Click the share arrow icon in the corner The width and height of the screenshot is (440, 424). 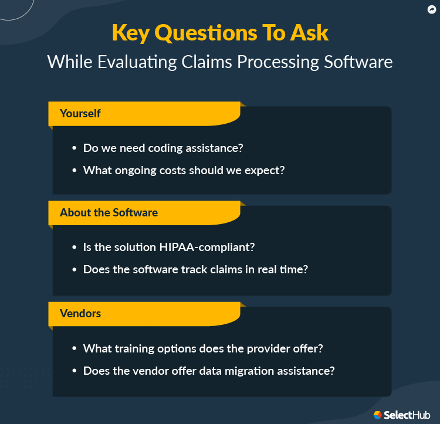(431, 9)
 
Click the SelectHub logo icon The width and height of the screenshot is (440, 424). (378, 415)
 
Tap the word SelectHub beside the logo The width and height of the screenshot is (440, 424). (407, 415)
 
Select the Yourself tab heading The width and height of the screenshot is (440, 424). (80, 113)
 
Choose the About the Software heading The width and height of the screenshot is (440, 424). (109, 212)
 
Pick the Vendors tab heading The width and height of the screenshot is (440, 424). (80, 313)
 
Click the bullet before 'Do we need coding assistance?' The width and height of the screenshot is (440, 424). (74, 148)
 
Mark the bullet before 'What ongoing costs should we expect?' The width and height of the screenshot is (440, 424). (74, 170)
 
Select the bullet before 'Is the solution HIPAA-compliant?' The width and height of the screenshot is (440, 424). (74, 247)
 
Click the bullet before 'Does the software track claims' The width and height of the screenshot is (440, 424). (74, 270)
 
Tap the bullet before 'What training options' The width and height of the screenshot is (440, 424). (74, 349)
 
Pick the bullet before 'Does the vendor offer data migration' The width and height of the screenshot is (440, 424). (74, 371)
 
